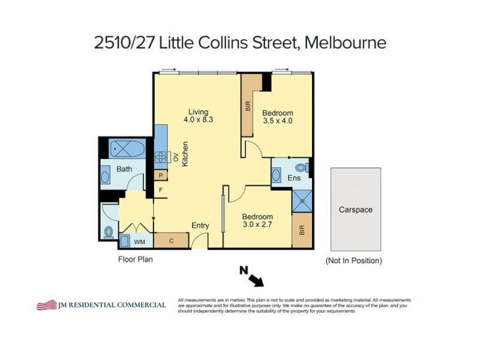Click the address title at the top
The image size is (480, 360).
click(x=240, y=43)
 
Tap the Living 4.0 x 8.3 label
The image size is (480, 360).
click(x=198, y=116)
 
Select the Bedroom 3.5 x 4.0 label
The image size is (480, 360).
click(x=278, y=117)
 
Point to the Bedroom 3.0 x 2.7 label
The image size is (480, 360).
click(x=257, y=221)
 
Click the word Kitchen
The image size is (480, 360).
click(x=186, y=154)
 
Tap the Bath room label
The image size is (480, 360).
click(x=124, y=169)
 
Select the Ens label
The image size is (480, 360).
click(x=294, y=178)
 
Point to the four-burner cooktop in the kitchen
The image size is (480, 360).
click(x=161, y=157)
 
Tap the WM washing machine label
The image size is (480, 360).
click(x=139, y=242)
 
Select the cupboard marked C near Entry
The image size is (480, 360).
click(x=171, y=241)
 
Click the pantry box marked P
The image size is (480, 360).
click(x=160, y=175)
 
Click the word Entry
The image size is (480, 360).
click(x=200, y=226)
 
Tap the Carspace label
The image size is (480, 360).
click(x=356, y=210)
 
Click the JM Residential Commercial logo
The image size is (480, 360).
click(x=101, y=305)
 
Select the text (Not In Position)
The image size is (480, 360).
click(x=353, y=260)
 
